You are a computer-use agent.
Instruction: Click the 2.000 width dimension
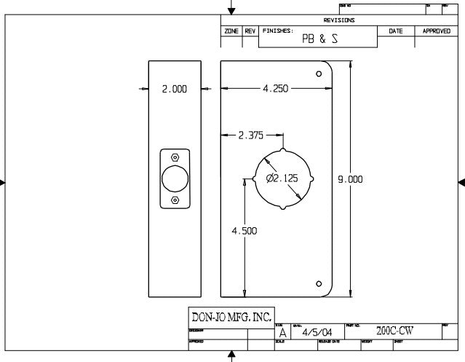(174, 89)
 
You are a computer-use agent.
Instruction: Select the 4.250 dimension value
(275, 89)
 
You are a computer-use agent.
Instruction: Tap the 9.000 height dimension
(350, 179)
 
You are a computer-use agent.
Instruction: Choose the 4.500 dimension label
(244, 231)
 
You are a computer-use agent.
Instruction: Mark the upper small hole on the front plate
(319, 74)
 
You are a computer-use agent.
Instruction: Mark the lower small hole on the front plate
(319, 283)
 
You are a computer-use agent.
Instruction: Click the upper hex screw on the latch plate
(175, 157)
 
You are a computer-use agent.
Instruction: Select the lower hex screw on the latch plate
(175, 200)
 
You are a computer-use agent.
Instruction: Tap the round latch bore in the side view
(175, 178)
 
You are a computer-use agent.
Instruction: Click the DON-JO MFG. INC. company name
(231, 317)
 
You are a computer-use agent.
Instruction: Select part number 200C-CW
(394, 331)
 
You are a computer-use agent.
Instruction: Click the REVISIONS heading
(339, 20)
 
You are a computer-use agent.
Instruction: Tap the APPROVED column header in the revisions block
(437, 31)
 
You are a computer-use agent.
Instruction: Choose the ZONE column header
(232, 31)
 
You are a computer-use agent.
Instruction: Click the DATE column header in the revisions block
(396, 31)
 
